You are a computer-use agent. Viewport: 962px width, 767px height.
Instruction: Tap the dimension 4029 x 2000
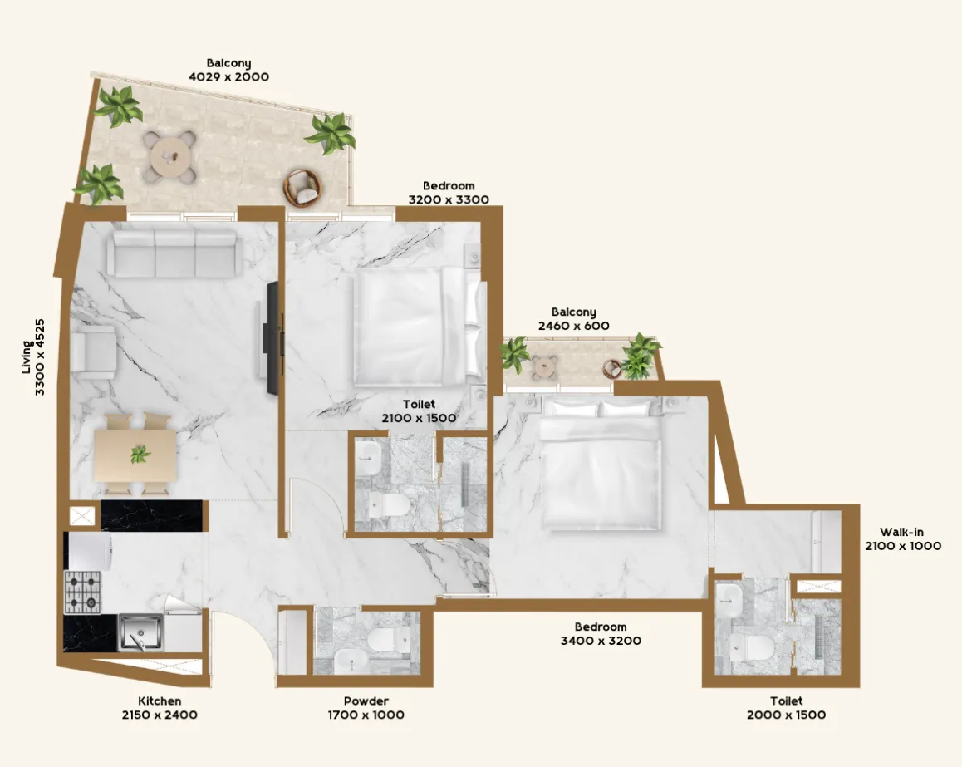(229, 76)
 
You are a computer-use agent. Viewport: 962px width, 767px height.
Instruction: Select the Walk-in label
(902, 533)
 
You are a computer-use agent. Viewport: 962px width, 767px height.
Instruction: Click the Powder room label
(366, 701)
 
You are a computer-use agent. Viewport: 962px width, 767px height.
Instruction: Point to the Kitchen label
(160, 701)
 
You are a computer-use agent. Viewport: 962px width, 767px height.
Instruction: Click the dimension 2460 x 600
(573, 327)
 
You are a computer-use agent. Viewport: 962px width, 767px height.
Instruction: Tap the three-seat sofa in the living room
(175, 253)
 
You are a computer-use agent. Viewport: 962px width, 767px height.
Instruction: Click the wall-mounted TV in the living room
(272, 337)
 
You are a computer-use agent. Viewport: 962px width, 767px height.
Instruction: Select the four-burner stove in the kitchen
(83, 592)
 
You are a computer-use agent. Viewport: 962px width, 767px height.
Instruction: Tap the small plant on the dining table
(140, 455)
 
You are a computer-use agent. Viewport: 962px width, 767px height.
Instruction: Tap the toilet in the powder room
(384, 641)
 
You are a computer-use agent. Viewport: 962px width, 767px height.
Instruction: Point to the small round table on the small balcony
(545, 364)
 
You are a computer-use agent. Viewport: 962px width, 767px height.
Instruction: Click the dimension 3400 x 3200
(600, 641)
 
